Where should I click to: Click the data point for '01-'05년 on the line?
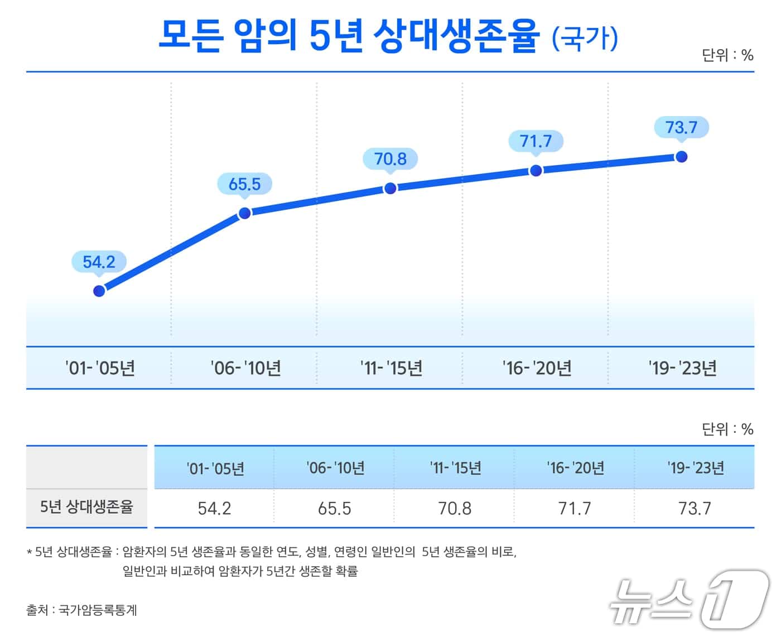(x=99, y=291)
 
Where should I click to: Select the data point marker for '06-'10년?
(x=244, y=213)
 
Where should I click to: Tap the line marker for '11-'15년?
(x=390, y=188)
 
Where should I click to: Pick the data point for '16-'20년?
(x=536, y=170)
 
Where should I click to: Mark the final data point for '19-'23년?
(x=681, y=157)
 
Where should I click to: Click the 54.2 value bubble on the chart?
(x=99, y=262)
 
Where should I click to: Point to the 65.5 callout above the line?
(x=244, y=184)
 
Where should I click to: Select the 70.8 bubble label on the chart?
(x=390, y=159)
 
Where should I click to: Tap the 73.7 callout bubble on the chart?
(x=681, y=127)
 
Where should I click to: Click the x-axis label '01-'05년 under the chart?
(x=100, y=368)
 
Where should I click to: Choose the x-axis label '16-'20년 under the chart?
(x=537, y=368)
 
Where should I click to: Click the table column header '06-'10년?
(x=335, y=468)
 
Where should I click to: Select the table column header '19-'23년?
(x=695, y=468)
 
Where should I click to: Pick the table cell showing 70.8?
(x=455, y=508)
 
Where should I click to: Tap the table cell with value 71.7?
(x=575, y=508)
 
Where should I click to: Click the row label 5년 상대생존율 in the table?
(x=86, y=507)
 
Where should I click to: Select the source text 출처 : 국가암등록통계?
(x=81, y=610)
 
